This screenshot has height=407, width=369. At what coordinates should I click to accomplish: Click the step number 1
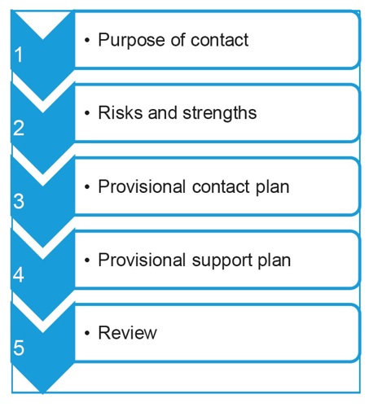(19, 55)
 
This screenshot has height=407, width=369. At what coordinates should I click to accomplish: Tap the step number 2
(19, 128)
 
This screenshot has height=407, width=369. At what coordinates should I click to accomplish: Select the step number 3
(19, 201)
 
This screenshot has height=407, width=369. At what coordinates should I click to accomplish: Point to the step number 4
(19, 274)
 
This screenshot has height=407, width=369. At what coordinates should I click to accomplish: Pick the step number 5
(19, 348)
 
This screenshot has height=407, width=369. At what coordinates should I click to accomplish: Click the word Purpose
(132, 41)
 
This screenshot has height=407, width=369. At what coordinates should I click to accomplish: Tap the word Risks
(121, 112)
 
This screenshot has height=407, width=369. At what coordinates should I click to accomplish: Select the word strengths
(219, 113)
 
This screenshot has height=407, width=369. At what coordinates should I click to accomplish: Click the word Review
(127, 333)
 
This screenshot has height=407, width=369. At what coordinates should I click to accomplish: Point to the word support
(222, 261)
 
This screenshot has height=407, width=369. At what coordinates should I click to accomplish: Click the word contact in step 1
(219, 40)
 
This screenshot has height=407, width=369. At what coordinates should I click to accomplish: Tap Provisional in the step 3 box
(142, 186)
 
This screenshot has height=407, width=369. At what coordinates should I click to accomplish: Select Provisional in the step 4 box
(142, 260)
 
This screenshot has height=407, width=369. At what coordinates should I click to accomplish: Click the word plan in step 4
(274, 261)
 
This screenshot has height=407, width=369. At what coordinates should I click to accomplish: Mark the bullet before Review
(87, 333)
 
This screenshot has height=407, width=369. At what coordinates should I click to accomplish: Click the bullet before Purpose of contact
(87, 40)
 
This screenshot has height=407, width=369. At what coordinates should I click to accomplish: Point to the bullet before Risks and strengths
(87, 113)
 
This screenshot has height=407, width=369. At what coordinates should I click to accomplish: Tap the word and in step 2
(162, 112)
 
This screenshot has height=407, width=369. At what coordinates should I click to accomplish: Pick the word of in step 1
(178, 40)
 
